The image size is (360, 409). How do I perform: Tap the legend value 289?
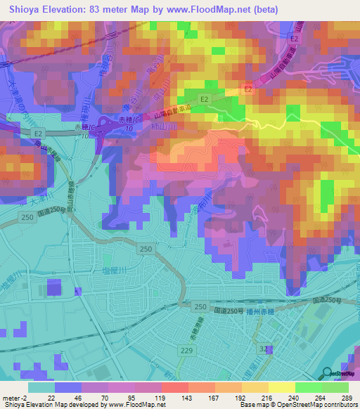(x=345, y=397)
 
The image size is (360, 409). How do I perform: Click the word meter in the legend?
(x=11, y=397)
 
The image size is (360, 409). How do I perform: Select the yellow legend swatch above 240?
(x=282, y=387)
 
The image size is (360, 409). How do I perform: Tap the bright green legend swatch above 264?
(x=309, y=387)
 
